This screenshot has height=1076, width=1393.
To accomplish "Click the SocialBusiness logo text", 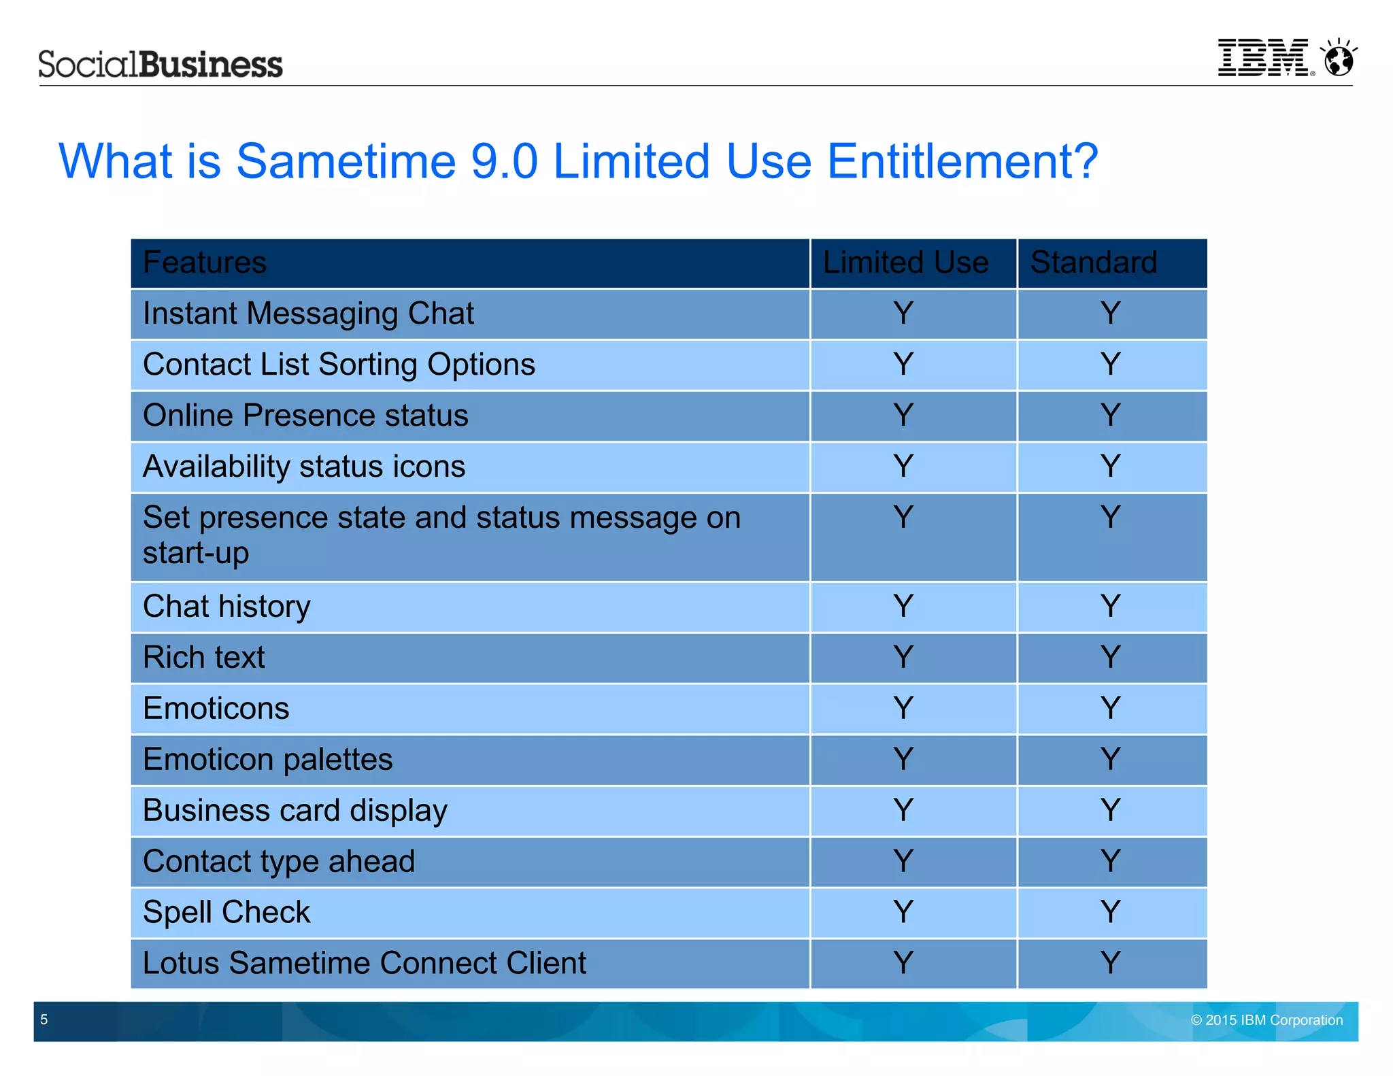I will (x=161, y=65).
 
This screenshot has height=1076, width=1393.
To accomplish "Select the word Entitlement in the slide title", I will (x=962, y=161).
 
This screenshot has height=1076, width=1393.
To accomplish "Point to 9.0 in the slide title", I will (x=504, y=161).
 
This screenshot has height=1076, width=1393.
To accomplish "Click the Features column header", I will (x=205, y=263).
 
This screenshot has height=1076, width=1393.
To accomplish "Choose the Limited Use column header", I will (x=905, y=263).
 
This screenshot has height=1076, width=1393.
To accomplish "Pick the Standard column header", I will (x=1094, y=263).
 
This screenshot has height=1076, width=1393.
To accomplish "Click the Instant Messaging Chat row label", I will (x=308, y=314).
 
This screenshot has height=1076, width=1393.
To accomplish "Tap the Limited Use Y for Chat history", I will (x=903, y=606).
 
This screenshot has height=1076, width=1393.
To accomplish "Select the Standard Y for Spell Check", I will (x=1110, y=912).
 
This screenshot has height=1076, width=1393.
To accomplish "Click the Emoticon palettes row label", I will (x=267, y=759).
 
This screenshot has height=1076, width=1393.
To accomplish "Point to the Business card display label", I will (x=295, y=810).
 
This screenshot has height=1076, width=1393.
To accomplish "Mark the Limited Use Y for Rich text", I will (x=903, y=657).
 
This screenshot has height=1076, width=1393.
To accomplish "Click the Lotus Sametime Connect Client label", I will (x=365, y=963).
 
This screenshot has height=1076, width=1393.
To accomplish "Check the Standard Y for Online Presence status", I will (x=1110, y=415).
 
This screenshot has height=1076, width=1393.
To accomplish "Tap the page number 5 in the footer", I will (x=44, y=1020).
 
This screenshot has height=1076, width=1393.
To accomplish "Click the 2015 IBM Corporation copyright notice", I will (x=1266, y=1020).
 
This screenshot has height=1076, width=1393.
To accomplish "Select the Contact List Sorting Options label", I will (x=339, y=365).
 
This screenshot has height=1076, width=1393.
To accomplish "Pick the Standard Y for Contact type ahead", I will (x=1110, y=861).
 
